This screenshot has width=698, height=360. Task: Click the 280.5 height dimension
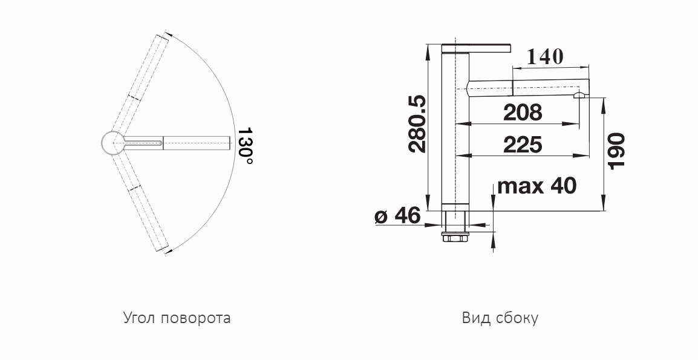pyautogui.click(x=417, y=124)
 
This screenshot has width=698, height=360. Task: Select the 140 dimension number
pyautogui.click(x=545, y=57)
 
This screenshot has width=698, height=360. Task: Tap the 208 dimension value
pyautogui.click(x=523, y=113)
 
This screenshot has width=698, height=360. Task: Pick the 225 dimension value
pyautogui.click(x=523, y=145)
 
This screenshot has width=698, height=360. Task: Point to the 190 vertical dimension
pyautogui.click(x=616, y=151)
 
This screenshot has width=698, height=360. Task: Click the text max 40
pyautogui.click(x=537, y=185)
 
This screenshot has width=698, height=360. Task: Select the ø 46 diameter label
pyautogui.click(x=397, y=216)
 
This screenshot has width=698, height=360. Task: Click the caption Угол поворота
pyautogui.click(x=177, y=318)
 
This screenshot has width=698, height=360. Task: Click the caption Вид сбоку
pyautogui.click(x=500, y=318)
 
